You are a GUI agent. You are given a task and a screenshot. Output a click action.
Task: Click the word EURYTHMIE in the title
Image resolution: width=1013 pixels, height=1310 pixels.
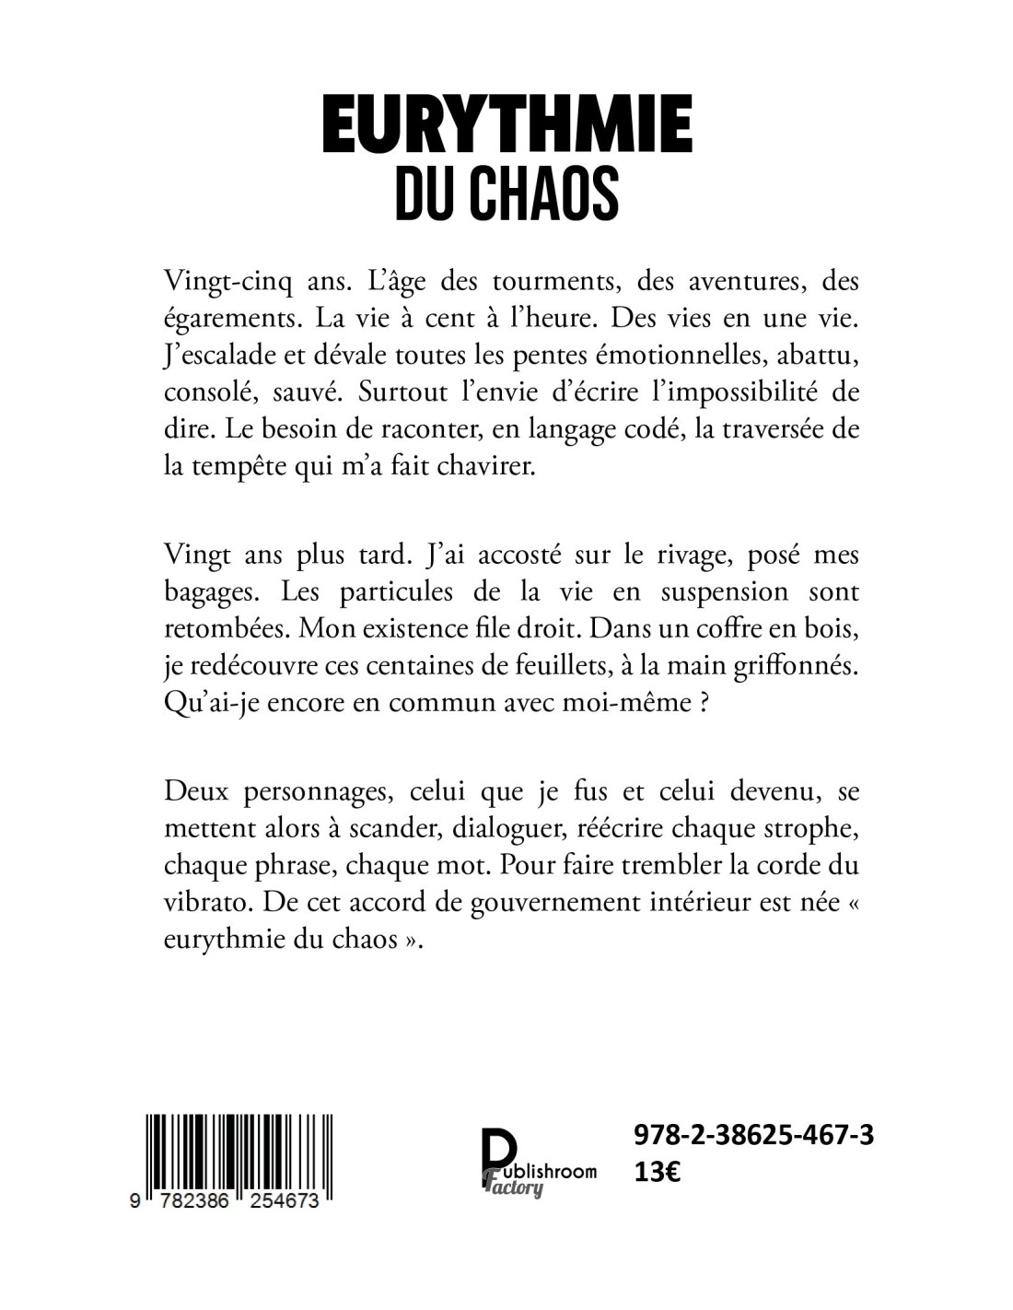[506, 128]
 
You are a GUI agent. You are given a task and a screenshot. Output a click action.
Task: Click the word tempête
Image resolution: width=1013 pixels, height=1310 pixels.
[244, 467]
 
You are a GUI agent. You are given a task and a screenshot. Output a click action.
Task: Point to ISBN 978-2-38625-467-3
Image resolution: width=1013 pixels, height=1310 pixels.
[753, 1136]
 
